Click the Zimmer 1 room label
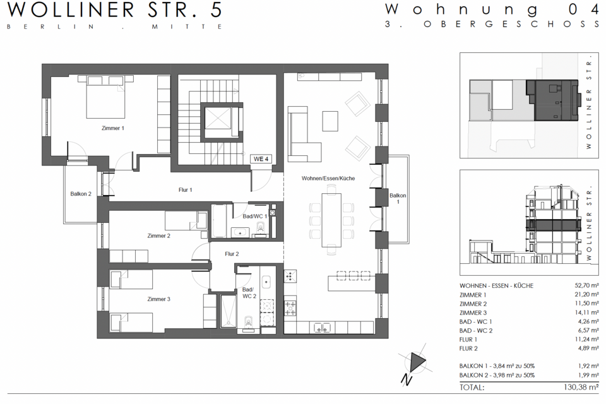pyautogui.click(x=113, y=128)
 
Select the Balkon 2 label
pyautogui.click(x=81, y=194)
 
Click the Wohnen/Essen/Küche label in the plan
pyautogui.click(x=328, y=179)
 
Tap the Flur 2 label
pyautogui.click(x=232, y=254)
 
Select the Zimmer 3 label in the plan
pyautogui.click(x=158, y=299)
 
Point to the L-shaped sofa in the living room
pyautogui.click(x=302, y=133)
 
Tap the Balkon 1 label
pyautogui.click(x=397, y=199)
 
